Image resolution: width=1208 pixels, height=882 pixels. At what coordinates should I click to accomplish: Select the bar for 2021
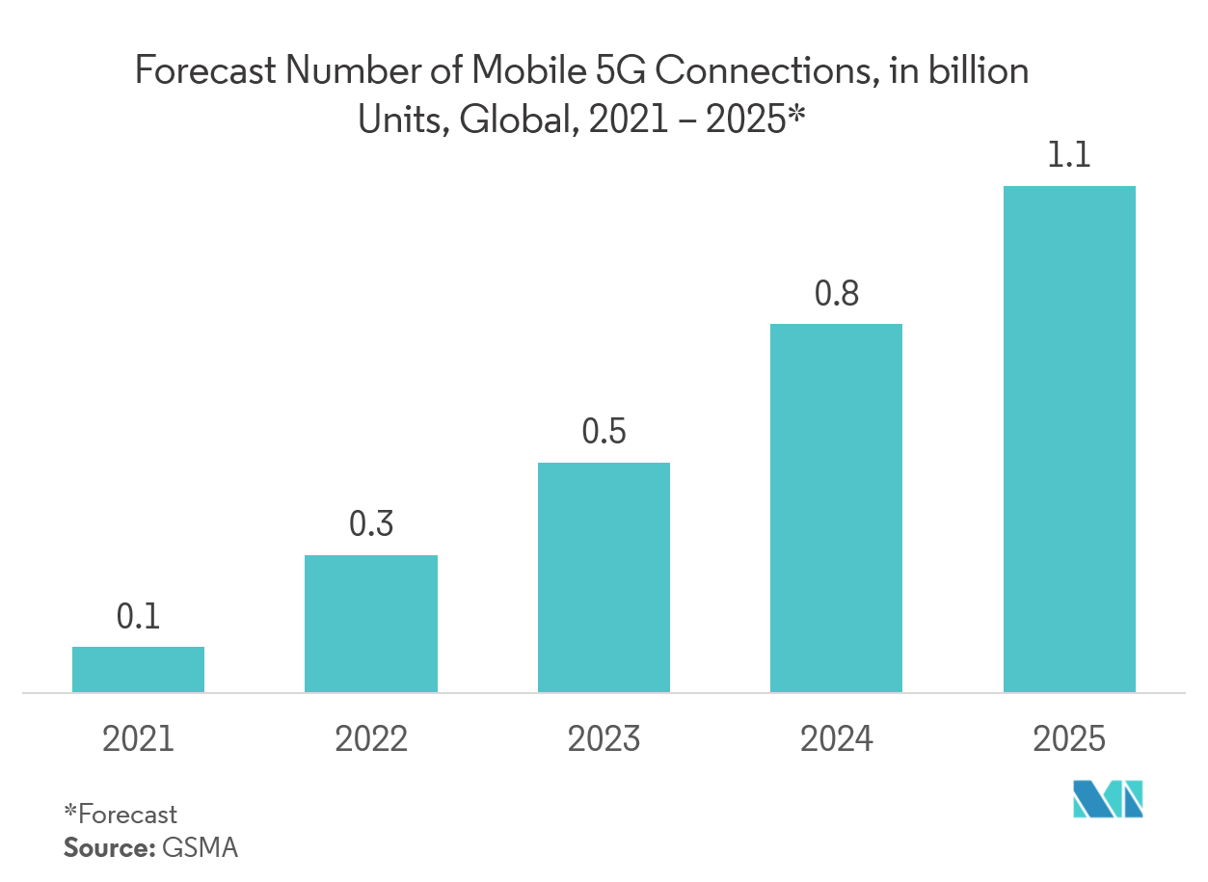138,669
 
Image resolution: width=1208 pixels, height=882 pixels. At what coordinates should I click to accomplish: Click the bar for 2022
371,623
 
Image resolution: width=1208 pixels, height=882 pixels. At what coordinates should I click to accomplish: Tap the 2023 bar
604,576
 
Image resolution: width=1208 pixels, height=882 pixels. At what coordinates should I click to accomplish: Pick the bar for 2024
836,507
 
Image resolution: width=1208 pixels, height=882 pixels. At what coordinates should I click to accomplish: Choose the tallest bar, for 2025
1069,439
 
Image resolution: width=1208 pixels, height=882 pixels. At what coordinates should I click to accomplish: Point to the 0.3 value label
371,524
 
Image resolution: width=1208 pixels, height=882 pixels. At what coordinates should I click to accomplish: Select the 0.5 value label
604,432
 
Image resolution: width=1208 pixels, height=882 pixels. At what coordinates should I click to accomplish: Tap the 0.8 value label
836,294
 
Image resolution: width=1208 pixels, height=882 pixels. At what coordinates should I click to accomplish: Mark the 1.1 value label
1069,156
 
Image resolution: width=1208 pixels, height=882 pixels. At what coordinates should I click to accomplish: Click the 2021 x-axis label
138,739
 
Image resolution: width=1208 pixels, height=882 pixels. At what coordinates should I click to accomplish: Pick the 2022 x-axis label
371,739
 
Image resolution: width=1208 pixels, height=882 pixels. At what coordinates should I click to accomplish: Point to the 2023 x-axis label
604,739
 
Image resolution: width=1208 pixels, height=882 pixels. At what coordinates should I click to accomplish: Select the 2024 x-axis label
836,739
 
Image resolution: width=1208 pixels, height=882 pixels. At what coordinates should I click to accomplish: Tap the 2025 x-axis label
1069,739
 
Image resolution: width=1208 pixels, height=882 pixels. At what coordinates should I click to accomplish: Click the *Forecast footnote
121,815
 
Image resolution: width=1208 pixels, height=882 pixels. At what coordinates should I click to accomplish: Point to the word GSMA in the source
200,848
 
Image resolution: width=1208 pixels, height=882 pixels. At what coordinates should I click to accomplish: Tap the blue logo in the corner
1109,799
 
